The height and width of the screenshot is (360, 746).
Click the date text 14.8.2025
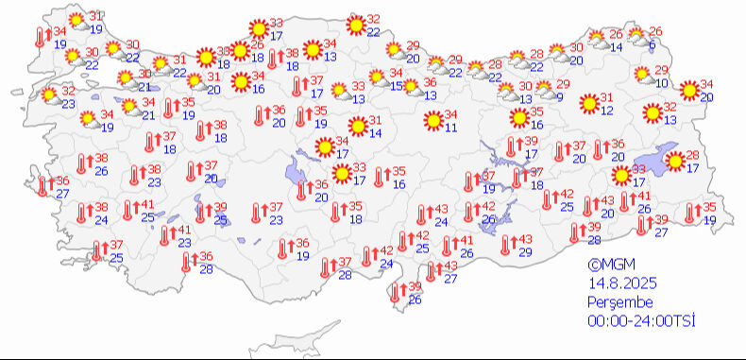(621, 283)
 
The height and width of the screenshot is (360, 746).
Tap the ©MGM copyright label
(608, 266)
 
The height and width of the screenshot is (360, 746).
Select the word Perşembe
(619, 301)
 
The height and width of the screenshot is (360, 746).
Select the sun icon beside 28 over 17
(676, 161)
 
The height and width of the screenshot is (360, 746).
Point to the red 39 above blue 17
(531, 141)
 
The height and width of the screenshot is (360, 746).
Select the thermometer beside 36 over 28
(186, 261)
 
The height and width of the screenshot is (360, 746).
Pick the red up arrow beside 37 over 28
(333, 264)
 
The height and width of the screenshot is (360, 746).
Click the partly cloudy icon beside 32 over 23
(50, 95)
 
